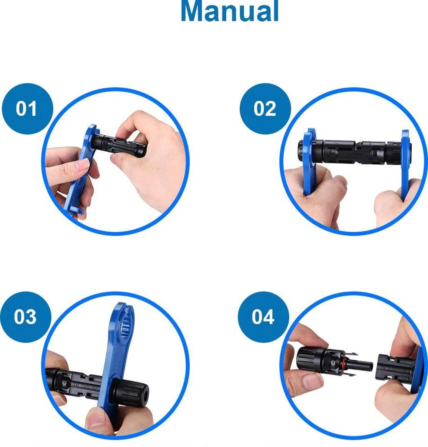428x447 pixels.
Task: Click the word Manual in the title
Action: (230, 11)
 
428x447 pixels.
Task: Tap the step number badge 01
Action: (27, 109)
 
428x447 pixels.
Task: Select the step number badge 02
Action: (265, 109)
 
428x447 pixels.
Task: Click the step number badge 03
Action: (25, 317)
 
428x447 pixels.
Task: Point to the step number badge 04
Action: (264, 317)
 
